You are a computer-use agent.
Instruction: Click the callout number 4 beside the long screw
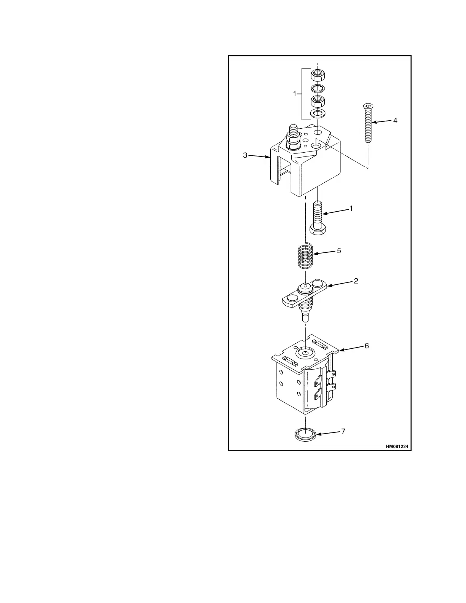click(x=395, y=120)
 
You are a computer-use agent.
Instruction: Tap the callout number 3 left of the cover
click(x=246, y=155)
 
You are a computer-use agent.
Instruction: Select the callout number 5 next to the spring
click(x=339, y=251)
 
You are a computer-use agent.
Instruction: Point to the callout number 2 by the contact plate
click(x=356, y=281)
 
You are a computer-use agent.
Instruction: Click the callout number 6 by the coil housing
click(x=367, y=346)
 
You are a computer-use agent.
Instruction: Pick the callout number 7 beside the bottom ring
click(x=343, y=431)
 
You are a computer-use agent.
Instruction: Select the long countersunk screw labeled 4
click(x=367, y=123)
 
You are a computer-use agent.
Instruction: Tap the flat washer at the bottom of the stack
click(x=317, y=113)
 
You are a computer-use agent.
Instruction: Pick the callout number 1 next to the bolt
click(x=351, y=209)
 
